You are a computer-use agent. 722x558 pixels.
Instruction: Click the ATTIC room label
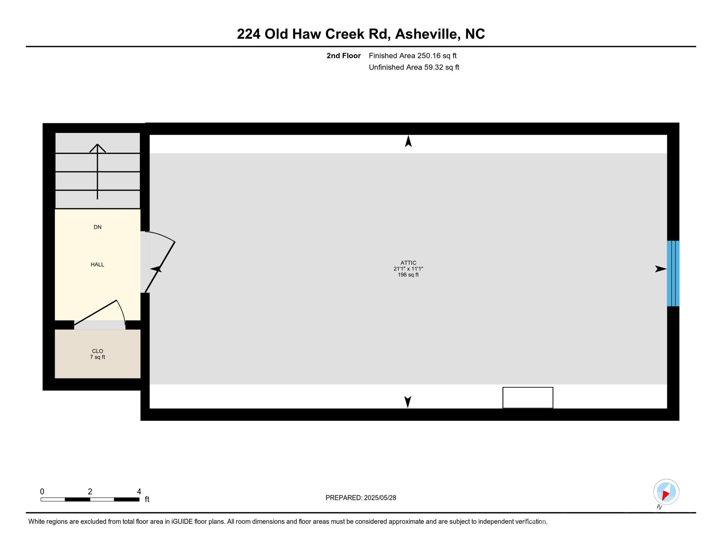pos(408,263)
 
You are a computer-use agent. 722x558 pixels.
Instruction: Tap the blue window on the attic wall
pos(673,273)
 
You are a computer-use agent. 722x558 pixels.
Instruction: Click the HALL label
pos(97,264)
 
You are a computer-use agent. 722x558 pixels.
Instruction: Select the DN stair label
pos(97,227)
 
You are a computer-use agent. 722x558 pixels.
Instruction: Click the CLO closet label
pos(97,351)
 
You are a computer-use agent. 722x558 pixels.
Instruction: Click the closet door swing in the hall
pos(105,312)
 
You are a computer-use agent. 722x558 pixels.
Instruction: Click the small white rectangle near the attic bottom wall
pos(527,397)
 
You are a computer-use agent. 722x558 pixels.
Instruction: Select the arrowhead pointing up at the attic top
pos(408,141)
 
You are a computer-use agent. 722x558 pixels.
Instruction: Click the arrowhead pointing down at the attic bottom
pos(407,402)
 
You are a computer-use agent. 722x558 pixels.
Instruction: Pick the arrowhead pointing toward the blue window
pos(660,269)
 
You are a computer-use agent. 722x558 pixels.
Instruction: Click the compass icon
pos(666,492)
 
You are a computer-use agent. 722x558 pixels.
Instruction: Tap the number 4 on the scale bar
pos(139,492)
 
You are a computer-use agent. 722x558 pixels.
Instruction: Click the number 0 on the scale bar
pos(42,492)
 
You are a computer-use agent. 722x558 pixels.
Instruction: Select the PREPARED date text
pos(361,498)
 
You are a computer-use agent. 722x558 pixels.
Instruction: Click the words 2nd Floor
pos(343,56)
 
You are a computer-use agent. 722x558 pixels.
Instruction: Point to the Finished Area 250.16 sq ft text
pos(413,56)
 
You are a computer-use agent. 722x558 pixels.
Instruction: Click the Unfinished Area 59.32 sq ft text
pos(414,67)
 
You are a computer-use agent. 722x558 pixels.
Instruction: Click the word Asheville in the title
pos(425,34)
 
